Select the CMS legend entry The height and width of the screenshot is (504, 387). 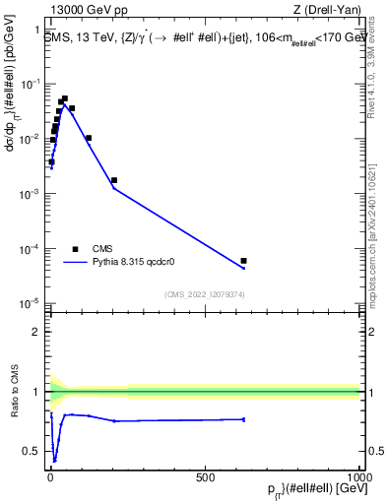[103, 248]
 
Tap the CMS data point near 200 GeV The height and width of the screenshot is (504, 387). [114, 180]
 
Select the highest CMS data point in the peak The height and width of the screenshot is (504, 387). [65, 98]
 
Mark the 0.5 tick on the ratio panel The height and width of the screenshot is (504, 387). [32, 451]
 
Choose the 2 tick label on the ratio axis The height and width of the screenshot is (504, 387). [36, 332]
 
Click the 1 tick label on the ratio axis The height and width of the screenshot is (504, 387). [36, 392]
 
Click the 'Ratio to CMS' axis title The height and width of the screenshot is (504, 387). [14, 391]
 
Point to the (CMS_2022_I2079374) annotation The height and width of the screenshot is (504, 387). [204, 293]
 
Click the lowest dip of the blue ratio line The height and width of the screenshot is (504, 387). [55, 460]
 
